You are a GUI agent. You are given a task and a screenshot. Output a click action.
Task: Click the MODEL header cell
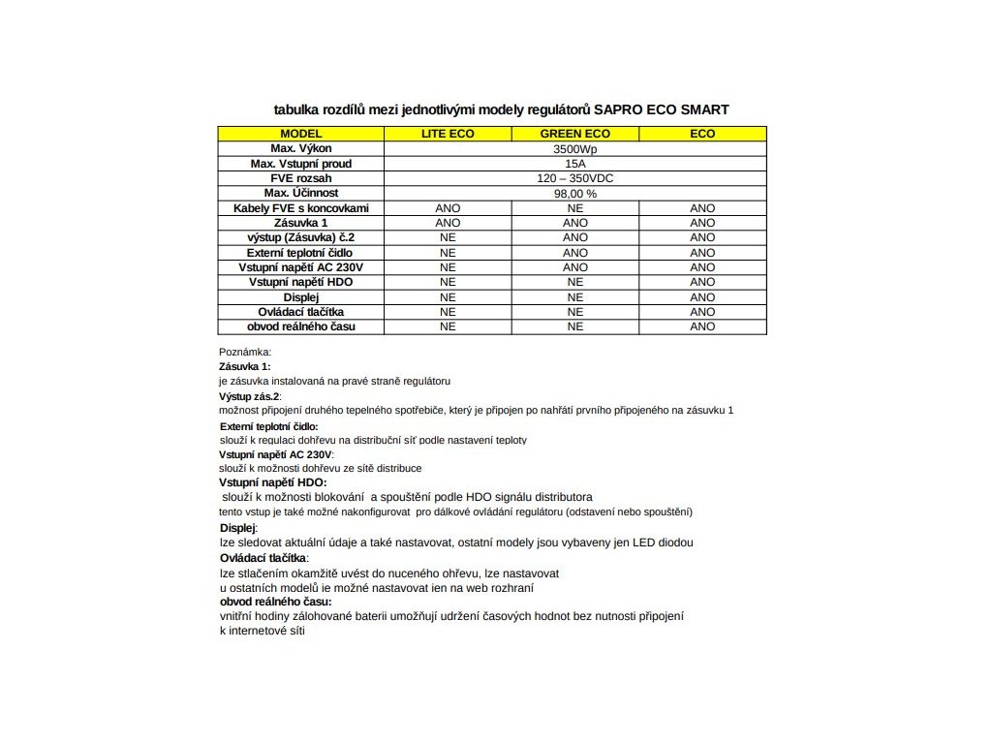[301, 134]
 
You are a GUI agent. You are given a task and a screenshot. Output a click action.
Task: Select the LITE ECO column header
[448, 134]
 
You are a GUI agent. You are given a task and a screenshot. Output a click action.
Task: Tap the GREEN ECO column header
[574, 134]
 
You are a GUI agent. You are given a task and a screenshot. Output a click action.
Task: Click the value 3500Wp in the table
[574, 149]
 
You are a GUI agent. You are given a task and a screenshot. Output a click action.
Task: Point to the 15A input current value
[574, 164]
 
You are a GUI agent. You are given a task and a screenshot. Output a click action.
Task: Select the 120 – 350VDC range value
[574, 179]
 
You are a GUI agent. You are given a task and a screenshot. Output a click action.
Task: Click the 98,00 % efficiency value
[574, 194]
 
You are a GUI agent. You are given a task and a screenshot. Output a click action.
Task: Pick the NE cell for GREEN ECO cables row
[574, 208]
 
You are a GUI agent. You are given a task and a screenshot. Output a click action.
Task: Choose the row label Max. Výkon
[301, 149]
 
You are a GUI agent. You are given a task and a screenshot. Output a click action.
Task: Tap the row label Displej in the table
[301, 297]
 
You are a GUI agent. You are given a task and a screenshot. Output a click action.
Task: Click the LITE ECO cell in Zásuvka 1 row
[448, 223]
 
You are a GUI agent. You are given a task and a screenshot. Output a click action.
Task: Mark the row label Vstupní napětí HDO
[301, 282]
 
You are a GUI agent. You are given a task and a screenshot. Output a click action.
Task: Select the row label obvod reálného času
[301, 326]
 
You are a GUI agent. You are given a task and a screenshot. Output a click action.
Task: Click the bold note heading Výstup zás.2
[250, 397]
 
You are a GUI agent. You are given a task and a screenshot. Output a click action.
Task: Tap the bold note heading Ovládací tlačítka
[263, 558]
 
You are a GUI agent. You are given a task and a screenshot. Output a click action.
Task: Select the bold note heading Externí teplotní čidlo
[268, 426]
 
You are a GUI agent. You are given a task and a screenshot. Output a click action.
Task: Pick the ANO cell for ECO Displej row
[702, 297]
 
